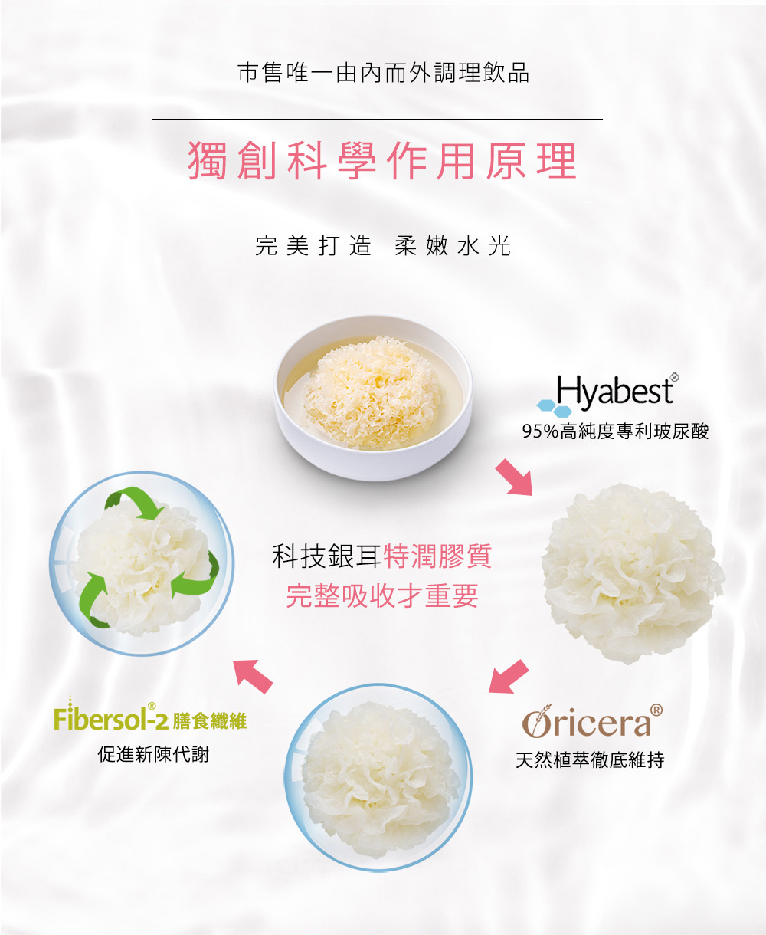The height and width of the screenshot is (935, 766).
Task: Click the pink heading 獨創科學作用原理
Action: [382, 160]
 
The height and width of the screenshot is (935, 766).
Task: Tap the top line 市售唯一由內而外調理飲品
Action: [383, 73]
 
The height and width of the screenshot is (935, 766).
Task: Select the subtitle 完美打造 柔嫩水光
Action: [383, 246]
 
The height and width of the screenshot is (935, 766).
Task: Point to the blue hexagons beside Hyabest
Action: [554, 408]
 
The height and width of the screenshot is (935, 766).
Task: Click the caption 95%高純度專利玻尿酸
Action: [615, 431]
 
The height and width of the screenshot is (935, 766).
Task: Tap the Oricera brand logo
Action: [593, 722]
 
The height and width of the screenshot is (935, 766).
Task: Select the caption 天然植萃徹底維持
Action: [590, 760]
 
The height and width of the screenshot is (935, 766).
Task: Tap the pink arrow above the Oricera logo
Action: [508, 677]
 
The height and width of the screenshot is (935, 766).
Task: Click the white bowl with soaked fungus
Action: [373, 397]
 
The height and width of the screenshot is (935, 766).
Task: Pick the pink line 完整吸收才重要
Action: [382, 596]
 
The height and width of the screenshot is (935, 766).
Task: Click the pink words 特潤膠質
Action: [437, 556]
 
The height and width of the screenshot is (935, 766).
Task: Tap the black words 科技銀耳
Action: [327, 556]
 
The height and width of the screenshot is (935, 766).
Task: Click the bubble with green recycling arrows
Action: [141, 563]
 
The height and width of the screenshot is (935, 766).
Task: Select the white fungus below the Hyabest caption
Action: [633, 574]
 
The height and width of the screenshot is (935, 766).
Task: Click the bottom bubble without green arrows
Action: [378, 778]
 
